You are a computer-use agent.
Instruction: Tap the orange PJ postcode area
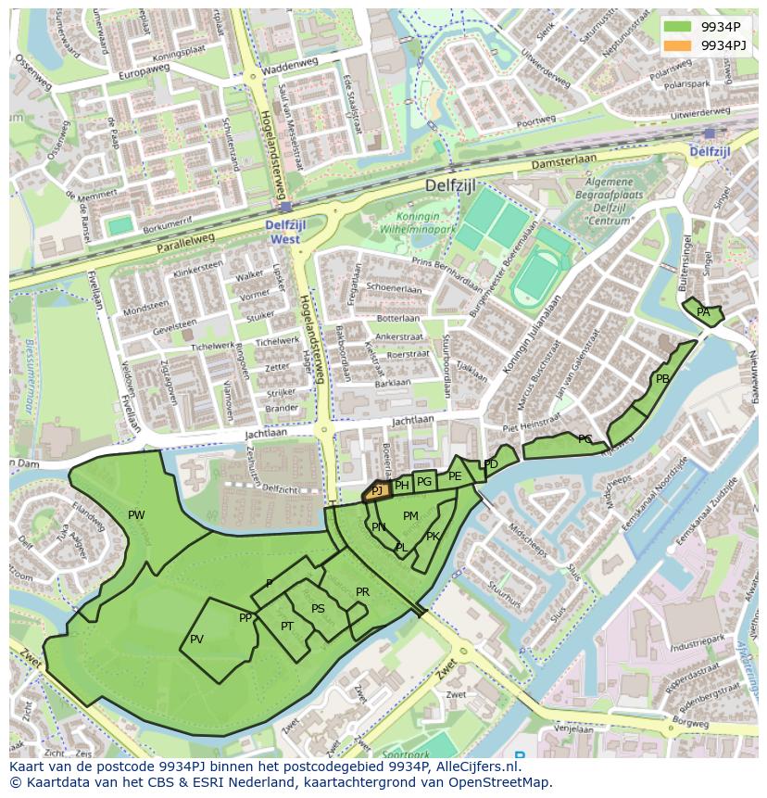(376, 491)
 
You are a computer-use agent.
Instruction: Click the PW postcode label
(136, 515)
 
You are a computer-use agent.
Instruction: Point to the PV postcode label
(196, 640)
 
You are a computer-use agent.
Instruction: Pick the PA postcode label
(703, 312)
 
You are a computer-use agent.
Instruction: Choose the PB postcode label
(662, 379)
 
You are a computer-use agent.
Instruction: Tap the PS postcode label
(318, 609)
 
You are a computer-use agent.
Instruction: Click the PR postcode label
(362, 592)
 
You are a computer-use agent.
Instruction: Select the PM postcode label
(410, 516)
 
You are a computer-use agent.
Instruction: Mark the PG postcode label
(424, 482)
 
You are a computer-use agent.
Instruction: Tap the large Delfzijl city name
(450, 185)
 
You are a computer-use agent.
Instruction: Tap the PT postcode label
(287, 627)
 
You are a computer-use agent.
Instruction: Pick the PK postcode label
(433, 537)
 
